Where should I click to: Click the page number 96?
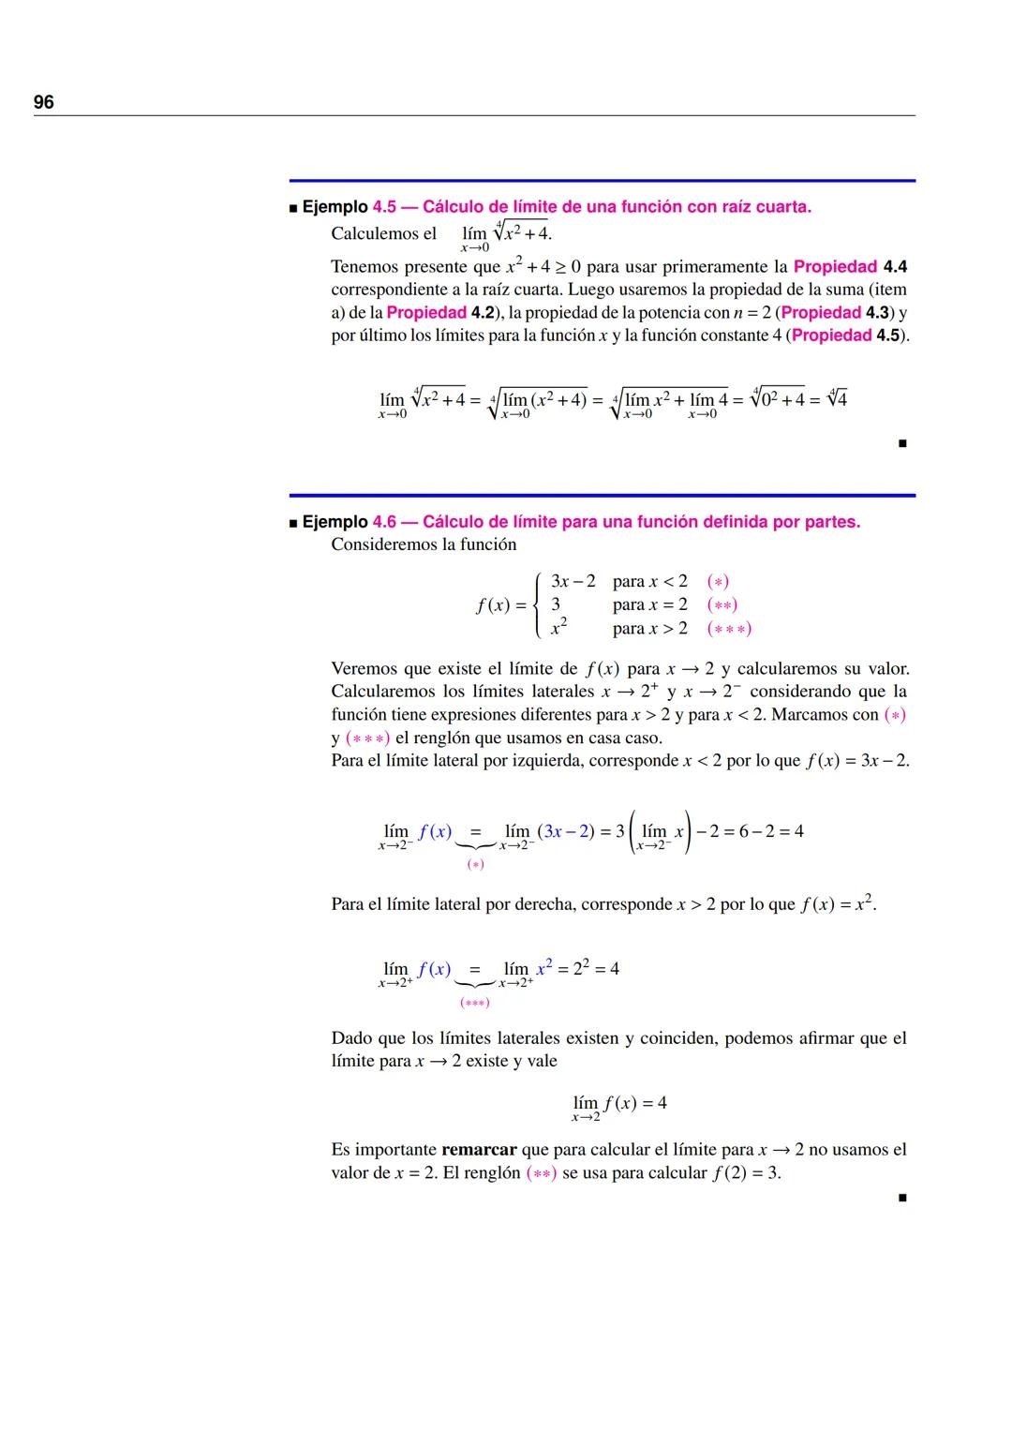(44, 102)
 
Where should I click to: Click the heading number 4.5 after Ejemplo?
(384, 207)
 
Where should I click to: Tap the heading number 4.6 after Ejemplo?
(384, 522)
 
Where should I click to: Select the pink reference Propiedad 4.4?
(850, 267)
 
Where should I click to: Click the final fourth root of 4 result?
(838, 398)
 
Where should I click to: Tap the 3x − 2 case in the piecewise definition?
(573, 581)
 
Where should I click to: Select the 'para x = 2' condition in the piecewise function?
(649, 604)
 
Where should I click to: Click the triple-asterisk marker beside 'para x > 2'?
(729, 629)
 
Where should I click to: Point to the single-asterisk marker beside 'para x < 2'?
(718, 581)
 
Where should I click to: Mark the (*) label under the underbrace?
(475, 864)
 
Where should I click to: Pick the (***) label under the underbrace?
(474, 1003)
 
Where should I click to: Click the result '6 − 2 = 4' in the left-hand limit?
(771, 831)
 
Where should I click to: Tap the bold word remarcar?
(479, 1150)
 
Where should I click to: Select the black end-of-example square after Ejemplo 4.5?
(901, 443)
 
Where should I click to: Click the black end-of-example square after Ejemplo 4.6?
(901, 1197)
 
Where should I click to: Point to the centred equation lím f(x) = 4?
(619, 1104)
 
